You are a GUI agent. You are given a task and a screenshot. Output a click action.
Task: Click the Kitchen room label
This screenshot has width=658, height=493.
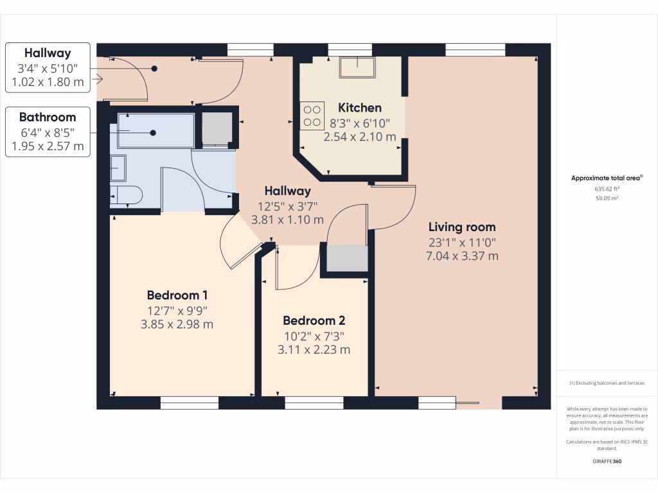[360, 108]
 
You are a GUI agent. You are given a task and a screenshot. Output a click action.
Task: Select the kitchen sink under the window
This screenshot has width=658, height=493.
[357, 67]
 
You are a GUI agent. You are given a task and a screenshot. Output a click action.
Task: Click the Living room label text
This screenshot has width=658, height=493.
[462, 227]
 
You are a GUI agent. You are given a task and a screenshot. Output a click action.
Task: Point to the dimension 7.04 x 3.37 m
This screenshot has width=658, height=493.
[462, 255]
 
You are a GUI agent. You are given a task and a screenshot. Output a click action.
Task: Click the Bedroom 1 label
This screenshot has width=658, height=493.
[177, 295]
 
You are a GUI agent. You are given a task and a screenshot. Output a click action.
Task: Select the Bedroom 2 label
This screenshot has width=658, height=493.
[314, 320]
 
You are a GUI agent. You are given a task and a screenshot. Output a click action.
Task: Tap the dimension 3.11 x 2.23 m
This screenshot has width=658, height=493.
[314, 349]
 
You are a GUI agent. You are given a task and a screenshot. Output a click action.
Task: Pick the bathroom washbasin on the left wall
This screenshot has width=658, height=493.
[118, 168]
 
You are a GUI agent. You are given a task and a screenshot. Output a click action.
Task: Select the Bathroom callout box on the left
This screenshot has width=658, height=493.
[48, 132]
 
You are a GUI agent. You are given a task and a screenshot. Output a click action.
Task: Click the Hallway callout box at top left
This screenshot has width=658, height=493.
[48, 67]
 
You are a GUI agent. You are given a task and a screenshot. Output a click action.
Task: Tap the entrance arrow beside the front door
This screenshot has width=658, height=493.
[98, 80]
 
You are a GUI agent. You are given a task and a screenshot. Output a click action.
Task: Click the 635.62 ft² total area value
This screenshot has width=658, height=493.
[607, 189]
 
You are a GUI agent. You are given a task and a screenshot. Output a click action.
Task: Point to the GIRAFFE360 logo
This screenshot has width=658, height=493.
[607, 462]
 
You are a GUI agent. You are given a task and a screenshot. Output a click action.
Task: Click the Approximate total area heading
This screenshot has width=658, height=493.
[607, 178]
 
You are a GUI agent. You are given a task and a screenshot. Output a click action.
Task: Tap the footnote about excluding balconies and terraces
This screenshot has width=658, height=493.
[607, 383]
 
